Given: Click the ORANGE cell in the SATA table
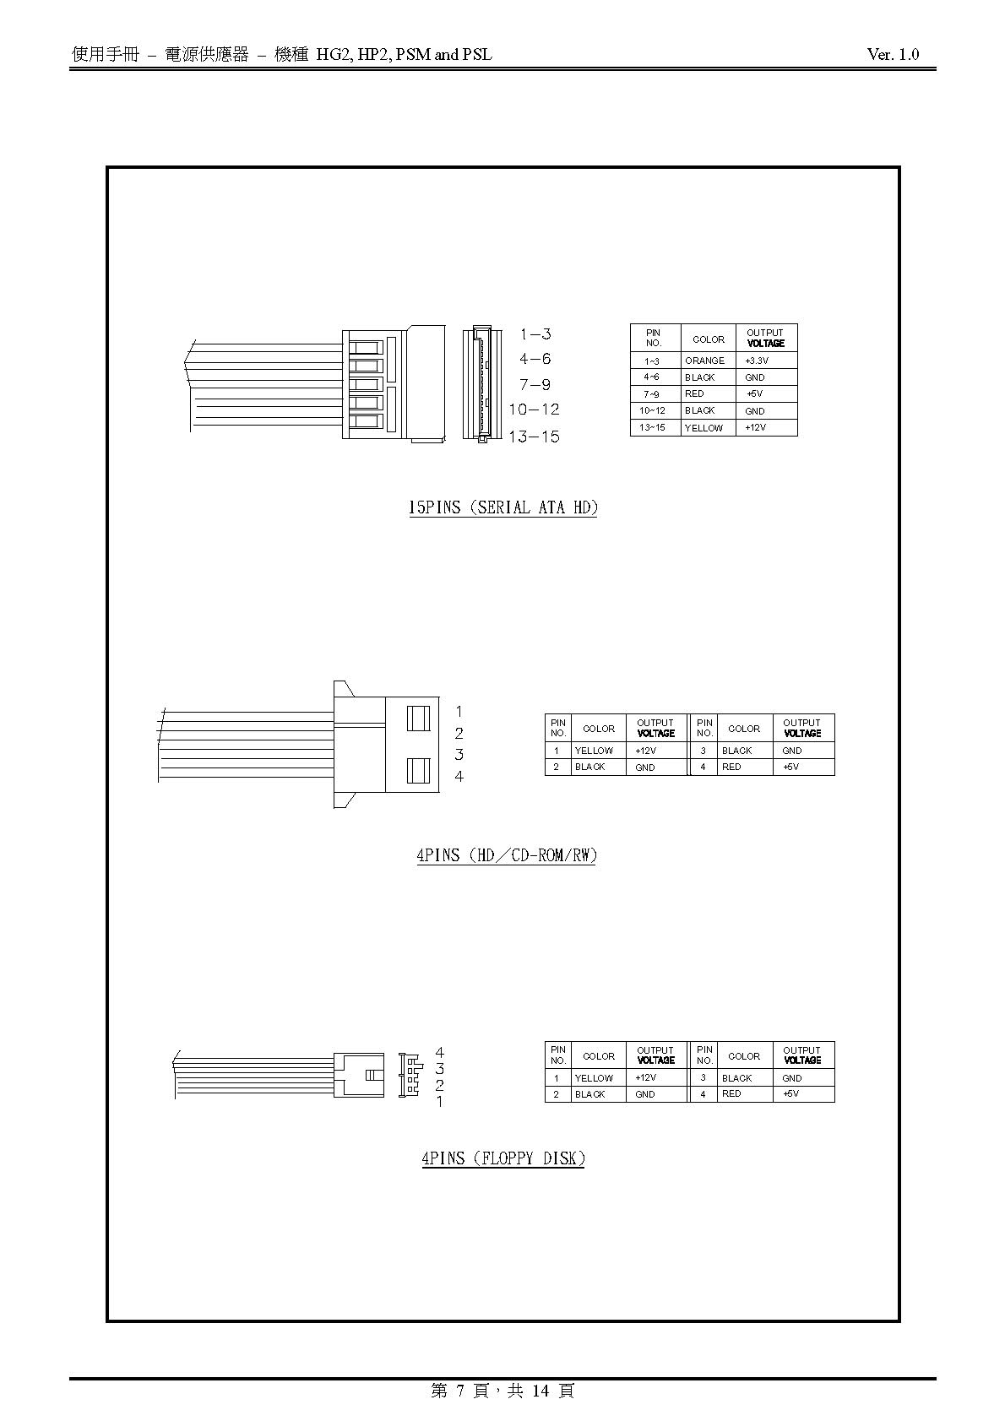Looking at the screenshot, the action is pos(704,361).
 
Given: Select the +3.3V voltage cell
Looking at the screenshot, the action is pos(757,361).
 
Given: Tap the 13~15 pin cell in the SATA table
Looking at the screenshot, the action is pos(652,427).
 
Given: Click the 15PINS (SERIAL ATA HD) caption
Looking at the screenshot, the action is pos(503,507).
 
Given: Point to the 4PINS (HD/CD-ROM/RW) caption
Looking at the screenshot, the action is pos(507,855).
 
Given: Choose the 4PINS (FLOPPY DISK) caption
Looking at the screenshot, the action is pos(503,1158).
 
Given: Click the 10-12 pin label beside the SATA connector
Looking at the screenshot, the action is pos(535,409).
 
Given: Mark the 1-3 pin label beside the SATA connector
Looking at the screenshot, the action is pos(535,334).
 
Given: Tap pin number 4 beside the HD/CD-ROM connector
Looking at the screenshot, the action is pos(459,776).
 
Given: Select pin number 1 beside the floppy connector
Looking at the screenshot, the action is pos(439,1102).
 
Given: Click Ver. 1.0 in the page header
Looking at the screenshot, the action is pos(893,55).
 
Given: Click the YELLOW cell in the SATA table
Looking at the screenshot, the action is pos(703,428).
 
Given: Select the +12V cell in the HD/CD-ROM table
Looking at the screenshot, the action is pos(645,751).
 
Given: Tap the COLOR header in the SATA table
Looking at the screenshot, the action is pos(708,339).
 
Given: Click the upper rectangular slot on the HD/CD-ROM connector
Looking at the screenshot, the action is pos(418,719).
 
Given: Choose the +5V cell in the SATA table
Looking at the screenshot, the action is pos(754,394).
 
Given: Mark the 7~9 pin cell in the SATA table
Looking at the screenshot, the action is pos(652,394).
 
